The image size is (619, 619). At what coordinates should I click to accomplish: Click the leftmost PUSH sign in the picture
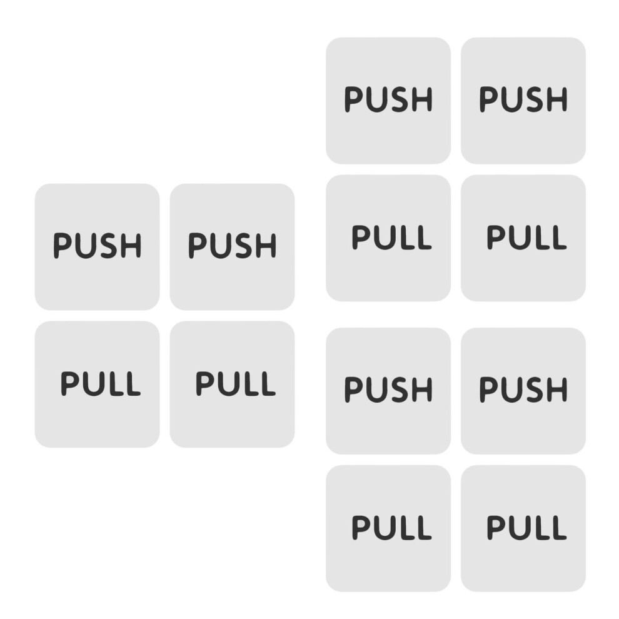(97, 247)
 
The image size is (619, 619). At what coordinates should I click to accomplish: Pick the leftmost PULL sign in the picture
(97, 384)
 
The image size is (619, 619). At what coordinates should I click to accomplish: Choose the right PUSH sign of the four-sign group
(232, 247)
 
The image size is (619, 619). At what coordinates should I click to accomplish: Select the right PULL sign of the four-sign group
(232, 384)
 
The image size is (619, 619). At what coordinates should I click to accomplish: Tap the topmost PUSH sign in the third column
(388, 101)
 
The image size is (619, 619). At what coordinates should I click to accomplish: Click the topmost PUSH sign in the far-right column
(523, 101)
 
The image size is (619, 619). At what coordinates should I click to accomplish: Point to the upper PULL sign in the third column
(388, 238)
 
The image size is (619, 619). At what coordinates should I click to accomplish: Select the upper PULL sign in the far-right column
(523, 238)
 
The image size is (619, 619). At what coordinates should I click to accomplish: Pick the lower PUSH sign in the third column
(388, 391)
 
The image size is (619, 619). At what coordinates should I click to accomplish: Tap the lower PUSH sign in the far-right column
(523, 391)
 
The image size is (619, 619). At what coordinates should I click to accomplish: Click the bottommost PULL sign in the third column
(388, 528)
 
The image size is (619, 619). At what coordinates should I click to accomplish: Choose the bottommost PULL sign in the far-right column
(523, 528)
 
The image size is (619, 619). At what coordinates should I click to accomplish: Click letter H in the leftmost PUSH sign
(131, 246)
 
